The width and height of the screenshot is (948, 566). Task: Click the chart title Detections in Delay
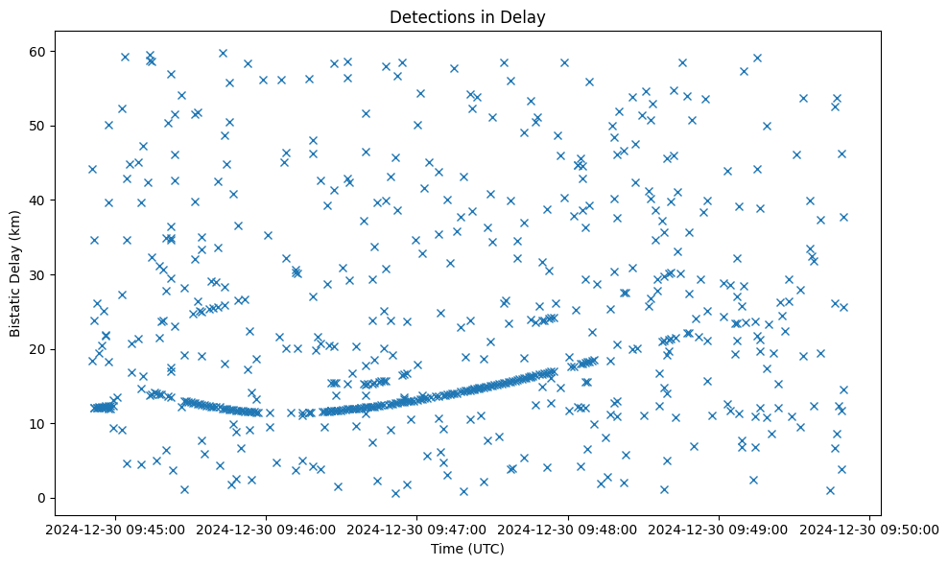[x=467, y=16]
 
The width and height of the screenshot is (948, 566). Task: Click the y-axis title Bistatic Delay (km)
[x=15, y=273]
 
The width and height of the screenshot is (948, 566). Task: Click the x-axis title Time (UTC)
[x=467, y=550]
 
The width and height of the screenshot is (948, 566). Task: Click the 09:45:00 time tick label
[x=116, y=529]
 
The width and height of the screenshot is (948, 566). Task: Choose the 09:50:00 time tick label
[x=869, y=529]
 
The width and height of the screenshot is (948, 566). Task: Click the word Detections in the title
[x=429, y=16]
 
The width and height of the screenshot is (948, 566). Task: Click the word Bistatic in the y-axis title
[x=15, y=307]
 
